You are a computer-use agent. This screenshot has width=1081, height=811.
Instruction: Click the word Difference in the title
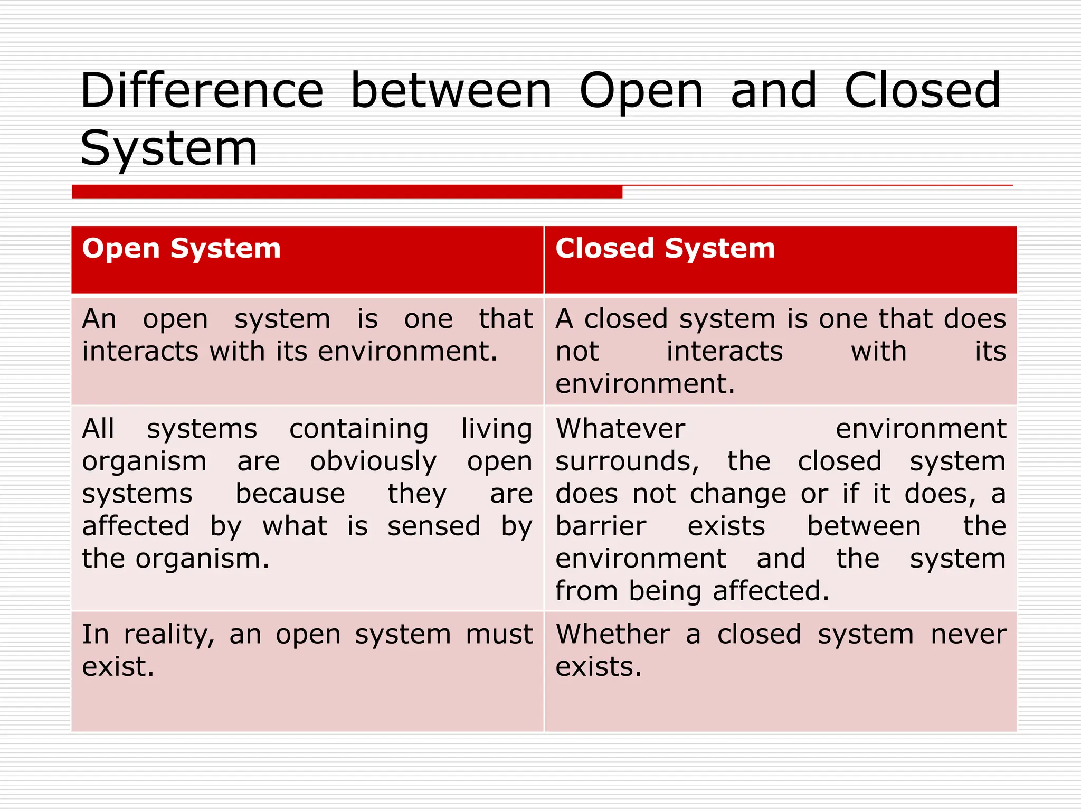point(202,91)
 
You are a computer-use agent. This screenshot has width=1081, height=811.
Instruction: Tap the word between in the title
point(451,91)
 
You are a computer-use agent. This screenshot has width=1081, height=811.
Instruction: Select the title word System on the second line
point(169,149)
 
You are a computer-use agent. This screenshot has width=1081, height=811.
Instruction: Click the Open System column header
point(181,248)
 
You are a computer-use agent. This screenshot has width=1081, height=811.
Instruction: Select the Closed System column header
point(665,248)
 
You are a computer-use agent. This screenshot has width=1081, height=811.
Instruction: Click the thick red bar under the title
point(347,192)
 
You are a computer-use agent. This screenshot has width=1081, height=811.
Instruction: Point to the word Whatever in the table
point(620,429)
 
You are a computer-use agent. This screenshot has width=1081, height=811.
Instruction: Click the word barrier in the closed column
point(601,526)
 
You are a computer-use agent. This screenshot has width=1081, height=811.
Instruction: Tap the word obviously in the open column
point(373,462)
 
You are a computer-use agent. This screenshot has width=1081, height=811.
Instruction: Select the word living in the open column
point(496,429)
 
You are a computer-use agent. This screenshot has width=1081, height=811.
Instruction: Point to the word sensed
point(434,526)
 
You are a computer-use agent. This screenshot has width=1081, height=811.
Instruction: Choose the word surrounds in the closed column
point(627,462)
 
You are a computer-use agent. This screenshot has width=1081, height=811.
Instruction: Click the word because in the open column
point(290,494)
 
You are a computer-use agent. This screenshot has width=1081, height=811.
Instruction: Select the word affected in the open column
point(136,526)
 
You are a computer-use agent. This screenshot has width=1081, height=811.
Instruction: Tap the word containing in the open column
point(359,429)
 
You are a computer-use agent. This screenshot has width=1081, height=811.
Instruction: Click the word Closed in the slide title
point(922,91)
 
